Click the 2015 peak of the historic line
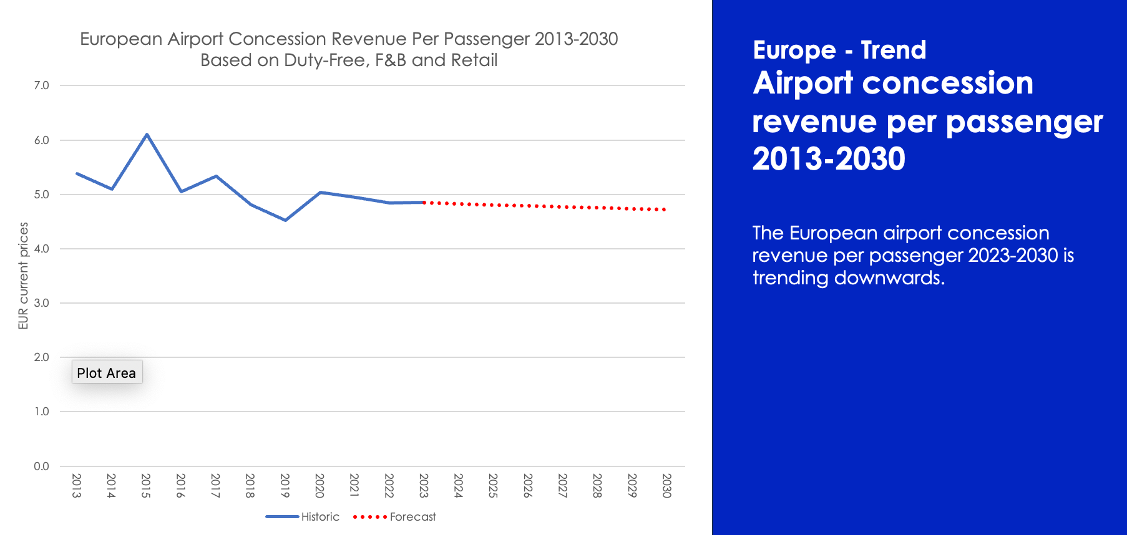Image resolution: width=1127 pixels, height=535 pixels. point(147,134)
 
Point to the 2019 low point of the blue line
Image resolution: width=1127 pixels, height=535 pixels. point(285,220)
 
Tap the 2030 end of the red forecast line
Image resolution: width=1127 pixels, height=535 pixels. point(665,210)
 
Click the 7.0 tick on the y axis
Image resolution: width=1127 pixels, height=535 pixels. point(41,85)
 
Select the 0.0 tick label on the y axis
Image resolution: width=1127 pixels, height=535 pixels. point(41,466)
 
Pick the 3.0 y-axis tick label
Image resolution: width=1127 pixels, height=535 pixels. point(41,303)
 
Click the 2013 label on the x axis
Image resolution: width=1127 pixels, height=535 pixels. point(77,486)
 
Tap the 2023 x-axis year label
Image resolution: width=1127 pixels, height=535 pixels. point(424,486)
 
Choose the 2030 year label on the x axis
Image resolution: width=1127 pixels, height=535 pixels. point(666,486)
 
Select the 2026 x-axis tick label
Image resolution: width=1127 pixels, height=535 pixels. point(528,486)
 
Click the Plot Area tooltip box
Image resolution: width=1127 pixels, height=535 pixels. point(107,372)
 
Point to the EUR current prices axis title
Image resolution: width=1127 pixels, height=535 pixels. point(24,276)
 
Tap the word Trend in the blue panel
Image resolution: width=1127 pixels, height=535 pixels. point(893,50)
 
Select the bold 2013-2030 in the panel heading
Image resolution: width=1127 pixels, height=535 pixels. point(829,158)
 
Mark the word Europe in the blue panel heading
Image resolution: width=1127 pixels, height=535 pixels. point(794,50)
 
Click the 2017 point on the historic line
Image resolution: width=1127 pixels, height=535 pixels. point(216,176)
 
